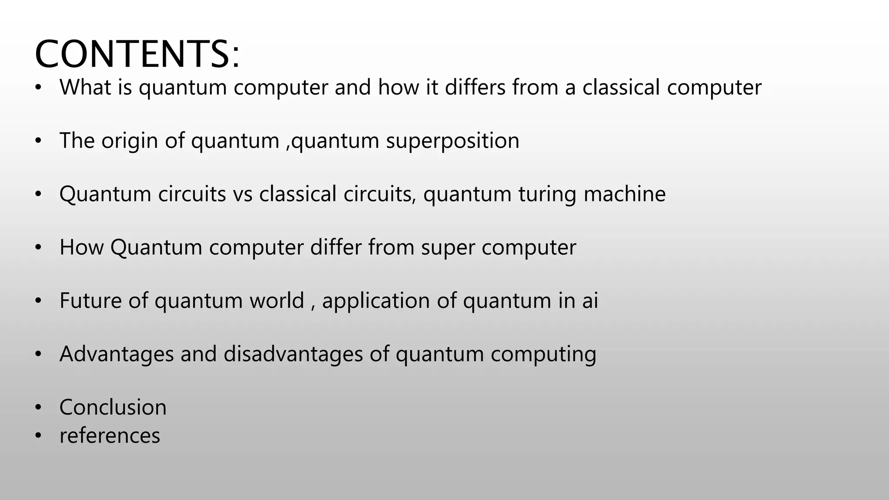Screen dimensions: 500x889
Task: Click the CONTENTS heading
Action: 137,54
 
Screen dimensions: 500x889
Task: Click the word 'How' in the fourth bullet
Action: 81,247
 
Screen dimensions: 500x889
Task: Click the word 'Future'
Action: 91,300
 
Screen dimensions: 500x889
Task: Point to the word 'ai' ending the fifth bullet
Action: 590,300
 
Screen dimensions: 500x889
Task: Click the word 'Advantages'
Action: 116,355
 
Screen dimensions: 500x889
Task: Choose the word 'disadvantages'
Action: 293,355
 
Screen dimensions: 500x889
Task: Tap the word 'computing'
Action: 543,355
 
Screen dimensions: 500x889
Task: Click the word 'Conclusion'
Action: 113,408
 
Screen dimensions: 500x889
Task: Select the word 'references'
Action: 110,436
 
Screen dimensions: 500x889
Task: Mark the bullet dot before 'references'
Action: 38,436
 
